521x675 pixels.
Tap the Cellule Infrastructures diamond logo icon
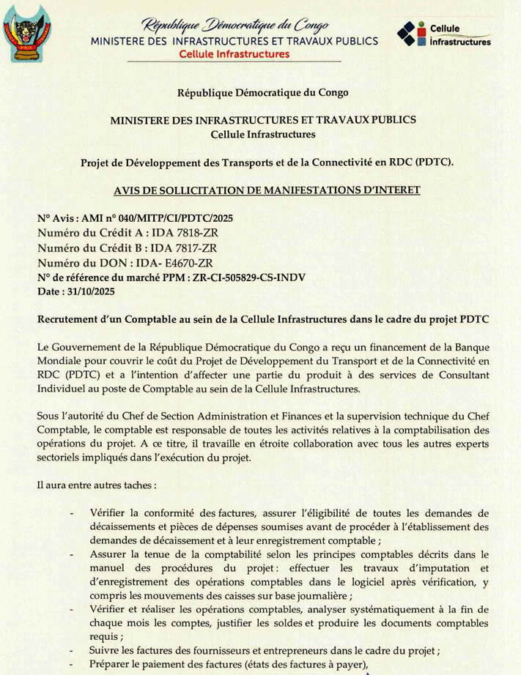[410, 34]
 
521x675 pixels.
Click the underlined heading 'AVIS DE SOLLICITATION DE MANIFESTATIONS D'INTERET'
[267, 190]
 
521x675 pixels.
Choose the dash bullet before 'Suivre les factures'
[70, 651]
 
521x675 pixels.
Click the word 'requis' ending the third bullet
[105, 637]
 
